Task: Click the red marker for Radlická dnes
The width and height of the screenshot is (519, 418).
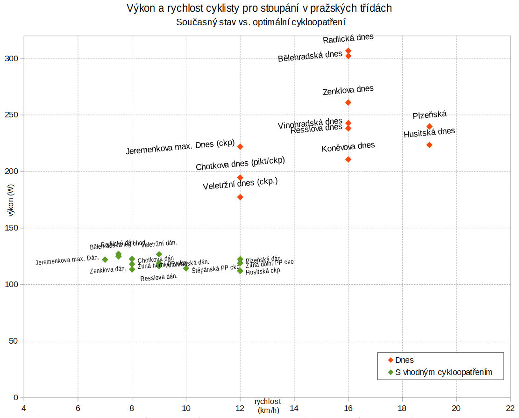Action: click(348, 50)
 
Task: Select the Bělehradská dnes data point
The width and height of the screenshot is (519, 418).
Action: click(348, 56)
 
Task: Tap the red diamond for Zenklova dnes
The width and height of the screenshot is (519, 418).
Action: click(348, 102)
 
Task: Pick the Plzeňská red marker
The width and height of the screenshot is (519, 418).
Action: click(429, 126)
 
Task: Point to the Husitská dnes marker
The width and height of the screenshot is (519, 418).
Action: click(429, 145)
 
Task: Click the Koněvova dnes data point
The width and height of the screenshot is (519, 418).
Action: click(348, 159)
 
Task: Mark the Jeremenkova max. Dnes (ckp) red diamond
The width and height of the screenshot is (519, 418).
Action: click(240, 147)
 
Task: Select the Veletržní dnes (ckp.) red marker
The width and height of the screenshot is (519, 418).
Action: click(240, 197)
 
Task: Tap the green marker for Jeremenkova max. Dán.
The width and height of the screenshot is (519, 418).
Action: click(105, 259)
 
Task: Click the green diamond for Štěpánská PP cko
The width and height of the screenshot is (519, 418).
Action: click(186, 268)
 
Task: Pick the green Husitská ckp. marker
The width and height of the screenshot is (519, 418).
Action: click(240, 271)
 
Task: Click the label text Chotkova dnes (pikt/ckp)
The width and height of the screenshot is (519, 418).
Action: click(240, 164)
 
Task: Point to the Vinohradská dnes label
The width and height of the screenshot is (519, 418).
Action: click(310, 123)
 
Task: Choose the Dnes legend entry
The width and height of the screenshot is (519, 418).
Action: click(404, 360)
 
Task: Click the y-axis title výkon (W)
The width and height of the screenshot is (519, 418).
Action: click(11, 200)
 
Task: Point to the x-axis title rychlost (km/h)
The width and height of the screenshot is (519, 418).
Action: click(268, 406)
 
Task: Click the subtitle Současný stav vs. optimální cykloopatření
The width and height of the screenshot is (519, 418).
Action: click(261, 22)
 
